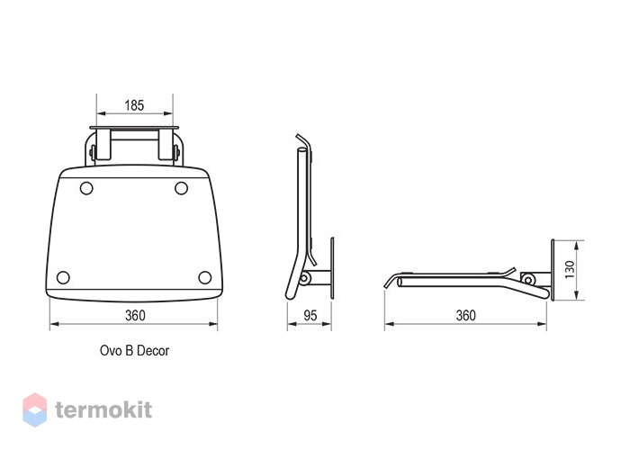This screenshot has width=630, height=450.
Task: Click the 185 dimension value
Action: [x=134, y=105]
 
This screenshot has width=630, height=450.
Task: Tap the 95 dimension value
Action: [x=310, y=315]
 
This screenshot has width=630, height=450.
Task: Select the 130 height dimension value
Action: [x=570, y=270]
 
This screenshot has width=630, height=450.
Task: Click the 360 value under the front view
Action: [x=135, y=315]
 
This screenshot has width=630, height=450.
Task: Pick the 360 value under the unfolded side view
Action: [x=465, y=315]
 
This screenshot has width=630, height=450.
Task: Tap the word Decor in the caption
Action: [x=153, y=350]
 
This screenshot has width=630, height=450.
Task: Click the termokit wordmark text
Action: [x=103, y=409]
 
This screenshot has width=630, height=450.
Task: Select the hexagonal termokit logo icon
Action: [x=34, y=409]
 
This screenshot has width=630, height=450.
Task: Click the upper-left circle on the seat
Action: [x=86, y=188]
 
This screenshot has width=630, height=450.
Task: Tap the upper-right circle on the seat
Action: [x=181, y=188]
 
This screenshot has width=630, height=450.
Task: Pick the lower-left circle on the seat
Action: [x=63, y=277]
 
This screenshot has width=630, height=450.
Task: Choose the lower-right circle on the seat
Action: [x=205, y=277]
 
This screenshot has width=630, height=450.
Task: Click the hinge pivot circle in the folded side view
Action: [x=305, y=278]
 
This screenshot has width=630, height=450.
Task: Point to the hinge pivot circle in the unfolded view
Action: [x=527, y=280]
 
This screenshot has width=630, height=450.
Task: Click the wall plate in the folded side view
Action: [x=332, y=268]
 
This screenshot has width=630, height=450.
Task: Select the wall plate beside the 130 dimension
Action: [x=553, y=270]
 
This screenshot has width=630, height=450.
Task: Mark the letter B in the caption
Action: [x=129, y=350]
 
